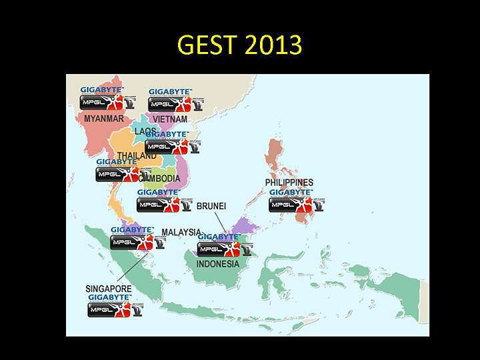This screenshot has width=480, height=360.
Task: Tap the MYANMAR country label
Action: point(103,119)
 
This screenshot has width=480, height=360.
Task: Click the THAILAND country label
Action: point(136,155)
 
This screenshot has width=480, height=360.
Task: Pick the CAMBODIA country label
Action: point(160,179)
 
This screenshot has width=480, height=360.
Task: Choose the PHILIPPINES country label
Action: point(289,182)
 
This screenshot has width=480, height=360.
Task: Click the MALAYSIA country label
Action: point(181,232)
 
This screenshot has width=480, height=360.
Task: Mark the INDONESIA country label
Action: point(217,264)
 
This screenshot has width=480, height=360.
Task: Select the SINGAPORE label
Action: point(108,289)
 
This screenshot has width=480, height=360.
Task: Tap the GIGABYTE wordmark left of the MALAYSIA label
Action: point(132,229)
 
